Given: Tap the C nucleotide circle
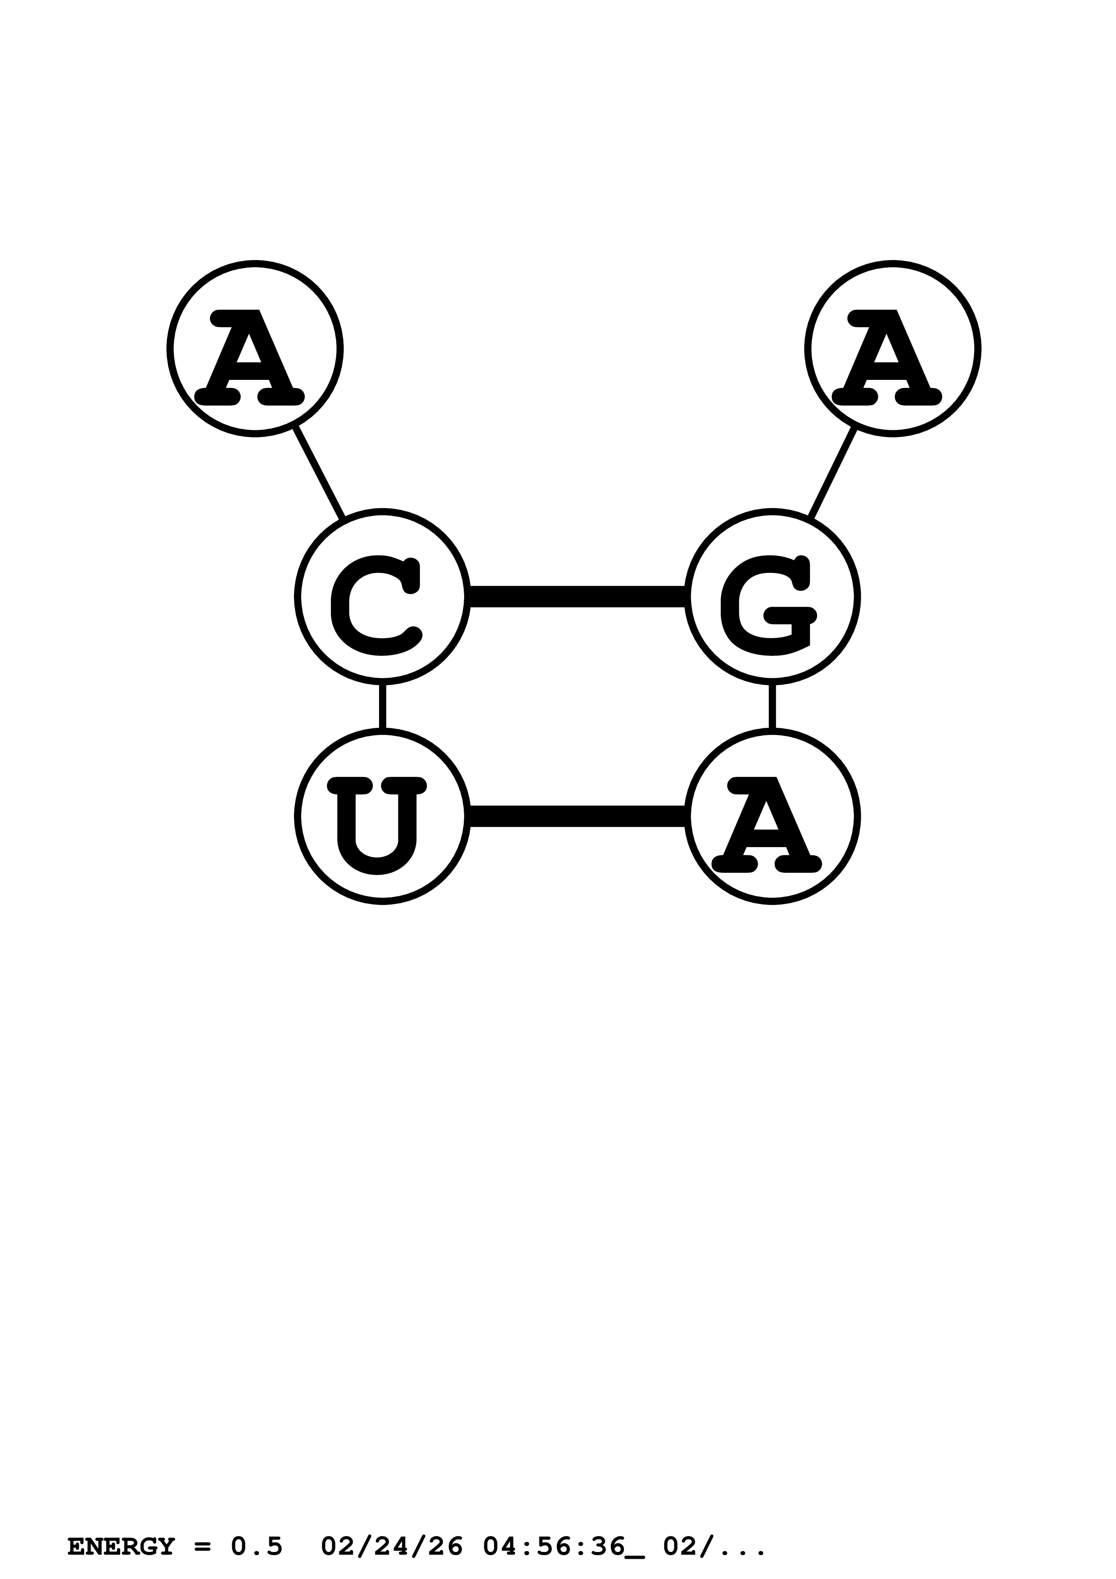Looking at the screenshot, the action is coord(382,596).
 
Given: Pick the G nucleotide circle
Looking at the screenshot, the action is coord(772,596).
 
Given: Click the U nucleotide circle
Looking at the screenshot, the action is coord(382,817).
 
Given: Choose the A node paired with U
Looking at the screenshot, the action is coord(772,817).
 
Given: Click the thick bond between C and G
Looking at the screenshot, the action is coord(577,596).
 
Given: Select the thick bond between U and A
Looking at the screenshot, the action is coord(577,817).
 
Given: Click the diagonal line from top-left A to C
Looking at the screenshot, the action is coord(318,473).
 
